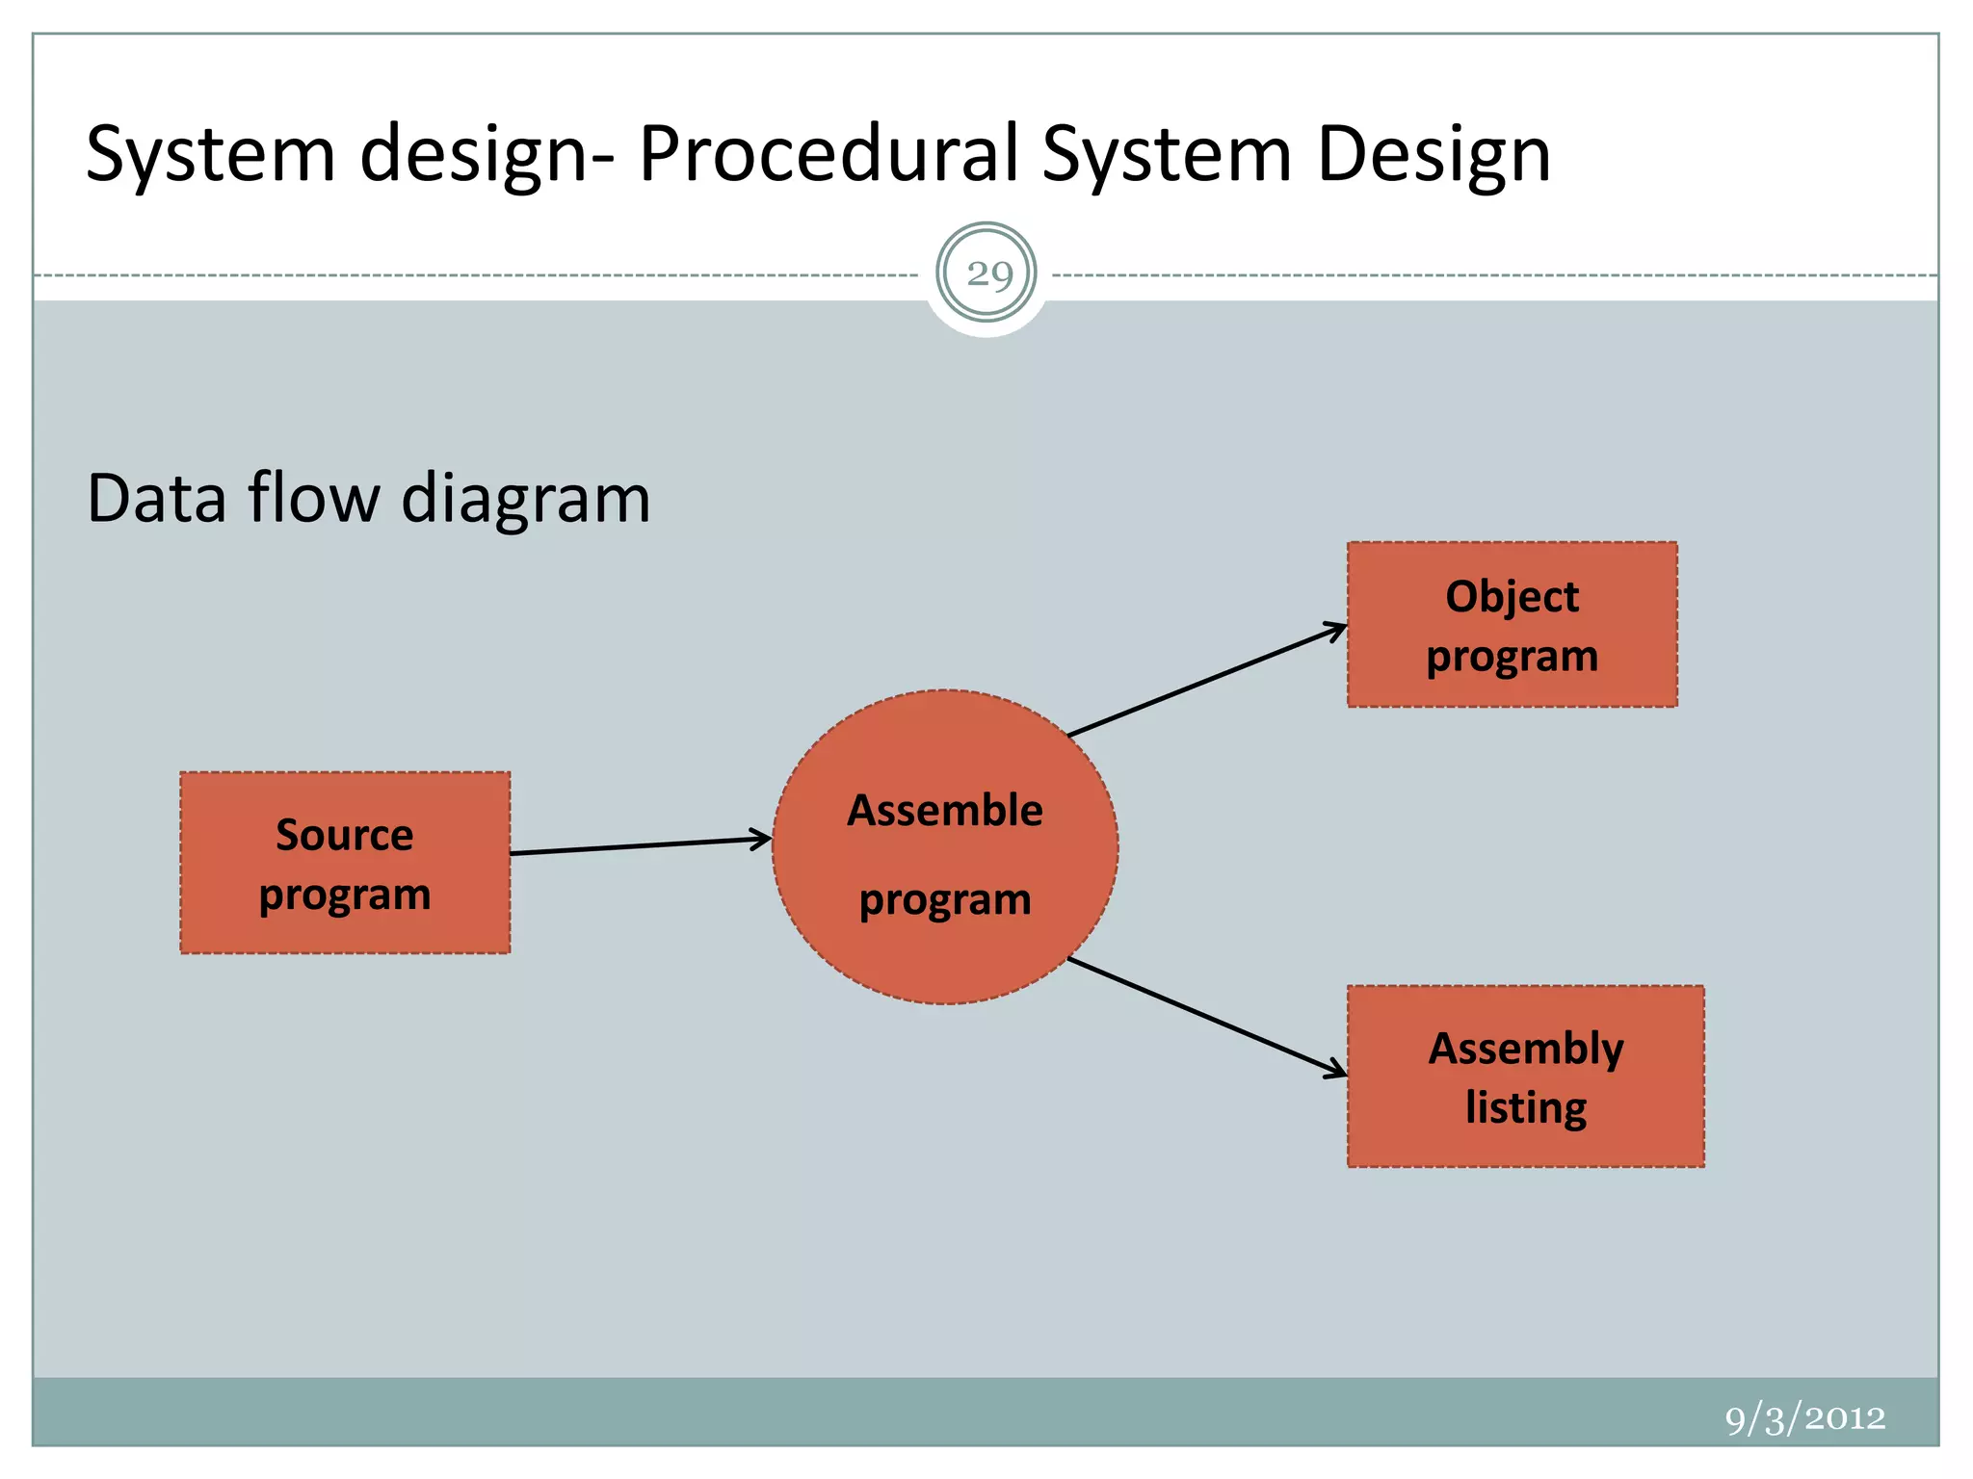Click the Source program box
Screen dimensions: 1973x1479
(x=345, y=863)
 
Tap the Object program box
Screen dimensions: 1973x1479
(x=1512, y=625)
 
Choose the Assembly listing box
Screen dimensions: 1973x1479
(x=1525, y=1077)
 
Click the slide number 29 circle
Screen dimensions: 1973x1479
(x=986, y=273)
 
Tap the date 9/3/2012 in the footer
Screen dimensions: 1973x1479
(x=1804, y=1418)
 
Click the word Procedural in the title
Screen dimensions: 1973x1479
(x=829, y=154)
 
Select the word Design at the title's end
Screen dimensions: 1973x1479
(x=1434, y=154)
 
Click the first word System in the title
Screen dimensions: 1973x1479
(x=211, y=154)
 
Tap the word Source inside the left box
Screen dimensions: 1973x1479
(x=345, y=834)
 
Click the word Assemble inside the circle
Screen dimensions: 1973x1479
(x=945, y=811)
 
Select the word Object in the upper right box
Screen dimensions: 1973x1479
(x=1512, y=597)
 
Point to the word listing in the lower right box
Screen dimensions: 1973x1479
(x=1525, y=1107)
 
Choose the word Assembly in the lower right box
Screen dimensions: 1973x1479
(x=1525, y=1049)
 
